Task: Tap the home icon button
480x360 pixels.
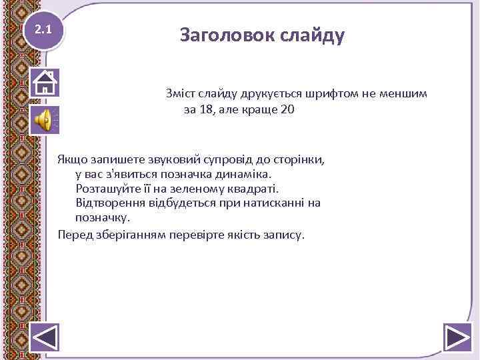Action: (x=45, y=83)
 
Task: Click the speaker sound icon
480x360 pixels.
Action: (x=43, y=120)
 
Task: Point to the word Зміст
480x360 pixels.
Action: (x=182, y=94)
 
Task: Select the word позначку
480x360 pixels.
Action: (x=103, y=217)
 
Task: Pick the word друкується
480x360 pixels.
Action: (x=253, y=94)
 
